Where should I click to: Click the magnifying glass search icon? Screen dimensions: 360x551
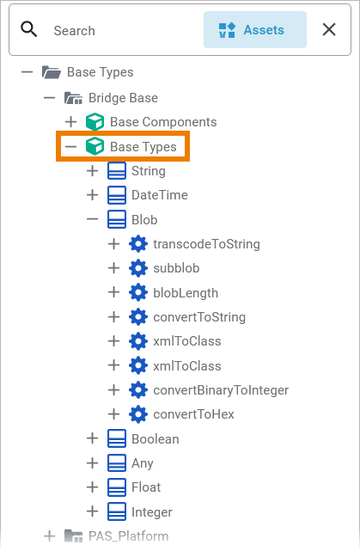click(29, 29)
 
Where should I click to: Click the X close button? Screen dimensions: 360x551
click(329, 29)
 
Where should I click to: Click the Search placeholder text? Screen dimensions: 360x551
click(74, 31)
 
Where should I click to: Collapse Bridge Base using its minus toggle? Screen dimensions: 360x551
click(49, 98)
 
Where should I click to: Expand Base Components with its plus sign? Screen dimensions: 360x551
click(71, 122)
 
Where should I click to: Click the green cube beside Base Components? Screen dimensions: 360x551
click(95, 122)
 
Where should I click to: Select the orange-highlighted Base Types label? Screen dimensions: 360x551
click(143, 146)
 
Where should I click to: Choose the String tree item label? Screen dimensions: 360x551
click(149, 171)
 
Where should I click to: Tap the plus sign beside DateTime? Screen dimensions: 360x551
click(93, 195)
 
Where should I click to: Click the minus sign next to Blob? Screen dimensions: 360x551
click(93, 220)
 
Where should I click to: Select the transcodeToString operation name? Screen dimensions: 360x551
click(206, 244)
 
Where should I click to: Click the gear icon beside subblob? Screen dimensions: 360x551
click(138, 268)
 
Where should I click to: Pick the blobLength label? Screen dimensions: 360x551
click(186, 293)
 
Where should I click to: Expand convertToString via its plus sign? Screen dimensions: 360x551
click(113, 317)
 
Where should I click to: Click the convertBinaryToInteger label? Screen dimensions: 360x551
click(221, 390)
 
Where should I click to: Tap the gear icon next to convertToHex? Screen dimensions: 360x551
click(138, 414)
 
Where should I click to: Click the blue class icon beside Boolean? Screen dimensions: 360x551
click(117, 439)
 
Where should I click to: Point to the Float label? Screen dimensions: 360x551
click(146, 487)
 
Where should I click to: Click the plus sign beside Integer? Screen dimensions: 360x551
click(93, 511)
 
